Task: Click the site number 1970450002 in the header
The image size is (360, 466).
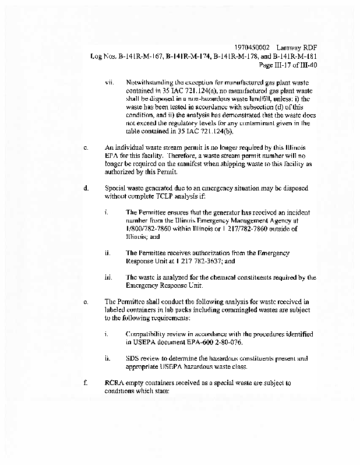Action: point(250,47)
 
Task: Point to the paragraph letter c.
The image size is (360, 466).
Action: point(86,147)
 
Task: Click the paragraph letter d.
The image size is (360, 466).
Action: point(86,188)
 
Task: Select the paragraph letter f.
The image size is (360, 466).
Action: point(86,383)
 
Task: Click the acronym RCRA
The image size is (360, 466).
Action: point(115,383)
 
